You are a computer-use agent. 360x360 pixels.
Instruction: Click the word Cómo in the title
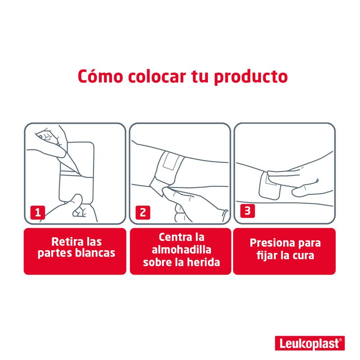100,76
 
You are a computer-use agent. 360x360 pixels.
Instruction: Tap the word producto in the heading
251,77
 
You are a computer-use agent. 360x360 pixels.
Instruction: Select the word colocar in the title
157,76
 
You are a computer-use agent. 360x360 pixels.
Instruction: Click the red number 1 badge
38,212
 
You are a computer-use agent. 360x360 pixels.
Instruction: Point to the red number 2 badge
143,212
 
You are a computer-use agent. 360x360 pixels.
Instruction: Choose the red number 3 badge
247,211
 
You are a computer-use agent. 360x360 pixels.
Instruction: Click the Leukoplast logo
310,343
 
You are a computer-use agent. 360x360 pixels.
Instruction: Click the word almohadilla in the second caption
181,250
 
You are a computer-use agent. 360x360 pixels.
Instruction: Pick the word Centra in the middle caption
174,237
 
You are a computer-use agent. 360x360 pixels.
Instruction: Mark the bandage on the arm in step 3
270,185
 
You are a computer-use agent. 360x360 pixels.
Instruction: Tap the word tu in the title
199,76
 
